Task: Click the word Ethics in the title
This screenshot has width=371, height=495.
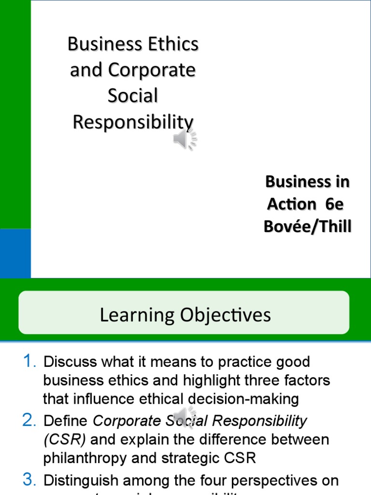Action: pos(171,44)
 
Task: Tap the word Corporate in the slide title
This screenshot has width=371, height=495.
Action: pos(152,71)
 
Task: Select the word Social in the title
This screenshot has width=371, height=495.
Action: pos(133,96)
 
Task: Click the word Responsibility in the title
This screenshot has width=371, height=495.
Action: pos(133,122)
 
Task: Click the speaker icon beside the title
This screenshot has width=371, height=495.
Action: pos(185,140)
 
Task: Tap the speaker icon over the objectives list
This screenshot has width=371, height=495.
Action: pos(185,417)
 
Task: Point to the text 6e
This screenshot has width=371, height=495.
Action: pos(334,204)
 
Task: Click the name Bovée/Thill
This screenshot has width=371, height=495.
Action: pos(307,226)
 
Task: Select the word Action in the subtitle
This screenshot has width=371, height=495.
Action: pos(291,204)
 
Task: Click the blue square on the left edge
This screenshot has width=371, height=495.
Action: pos(15,253)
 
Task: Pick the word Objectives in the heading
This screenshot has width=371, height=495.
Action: pos(225,315)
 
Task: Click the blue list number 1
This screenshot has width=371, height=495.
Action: pos(30,361)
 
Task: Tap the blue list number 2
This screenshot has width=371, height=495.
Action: pos(30,421)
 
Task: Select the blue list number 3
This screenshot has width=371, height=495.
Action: pos(30,480)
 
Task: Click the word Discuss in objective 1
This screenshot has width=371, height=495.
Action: pos(64,362)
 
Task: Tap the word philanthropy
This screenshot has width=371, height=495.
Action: pos(85,458)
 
